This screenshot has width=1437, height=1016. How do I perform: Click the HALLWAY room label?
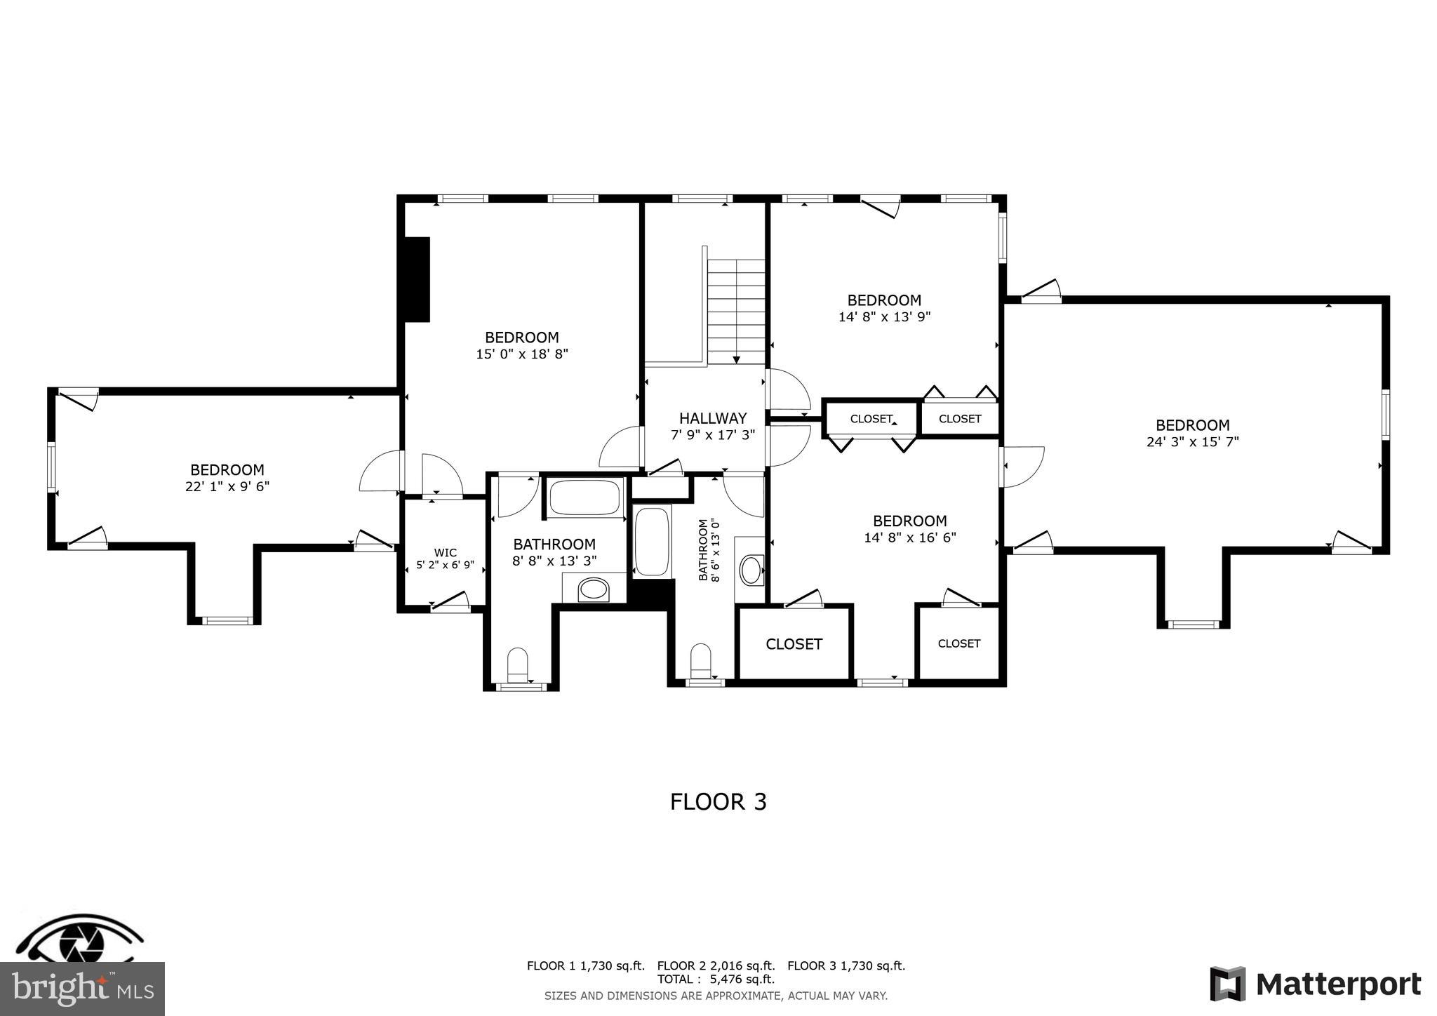point(712,419)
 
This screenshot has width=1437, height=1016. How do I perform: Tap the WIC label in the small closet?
point(445,553)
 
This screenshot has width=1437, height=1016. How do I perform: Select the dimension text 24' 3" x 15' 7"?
point(1192,442)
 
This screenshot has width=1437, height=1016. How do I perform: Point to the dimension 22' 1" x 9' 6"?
point(227,486)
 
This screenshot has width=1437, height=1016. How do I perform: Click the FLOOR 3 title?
point(718,802)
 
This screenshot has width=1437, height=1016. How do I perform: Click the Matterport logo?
point(1315,984)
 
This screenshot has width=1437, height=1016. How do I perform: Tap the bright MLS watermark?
point(83,989)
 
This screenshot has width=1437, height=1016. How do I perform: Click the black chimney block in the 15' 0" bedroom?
point(416,279)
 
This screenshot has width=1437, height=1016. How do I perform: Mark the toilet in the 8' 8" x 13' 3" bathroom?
point(517,664)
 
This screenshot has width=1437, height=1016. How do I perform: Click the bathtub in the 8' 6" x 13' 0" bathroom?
point(652,542)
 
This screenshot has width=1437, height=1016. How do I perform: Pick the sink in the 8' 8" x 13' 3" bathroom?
point(594,589)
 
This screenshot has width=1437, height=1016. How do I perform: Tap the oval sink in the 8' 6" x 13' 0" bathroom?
point(751,570)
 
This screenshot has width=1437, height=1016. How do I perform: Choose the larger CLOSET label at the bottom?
point(794,644)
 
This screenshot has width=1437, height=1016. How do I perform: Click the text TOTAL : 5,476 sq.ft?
point(716,980)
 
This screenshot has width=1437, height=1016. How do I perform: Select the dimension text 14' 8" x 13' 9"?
point(884,317)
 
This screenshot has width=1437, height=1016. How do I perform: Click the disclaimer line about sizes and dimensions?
point(716,996)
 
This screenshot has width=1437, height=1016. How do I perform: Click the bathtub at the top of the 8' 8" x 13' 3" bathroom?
point(584,497)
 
